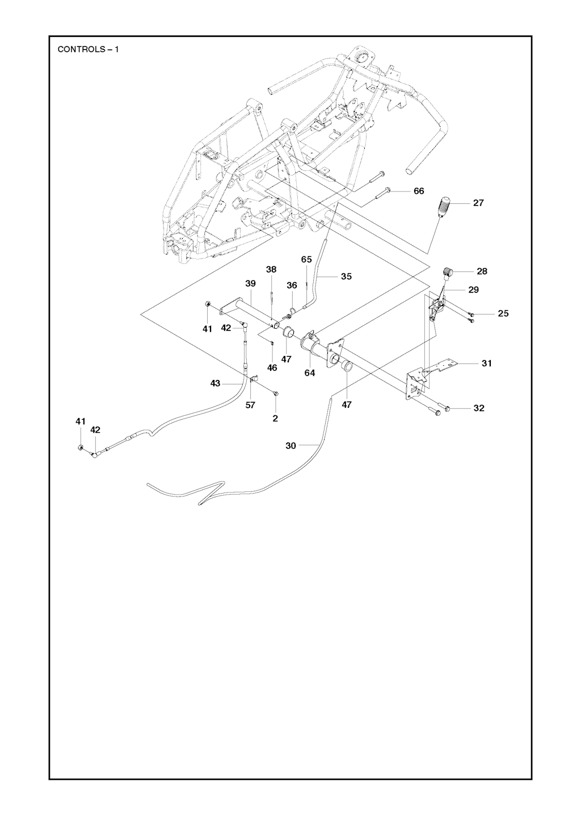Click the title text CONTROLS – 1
[88, 49]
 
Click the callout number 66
[419, 191]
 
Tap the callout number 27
[478, 203]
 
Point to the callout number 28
[482, 271]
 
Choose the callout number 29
[473, 290]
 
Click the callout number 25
[503, 313]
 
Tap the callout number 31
[487, 363]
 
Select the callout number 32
[479, 408]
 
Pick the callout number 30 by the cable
[290, 446]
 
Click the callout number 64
[310, 373]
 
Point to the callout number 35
[346, 277]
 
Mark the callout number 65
[306, 260]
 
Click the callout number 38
[272, 269]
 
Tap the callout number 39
[250, 283]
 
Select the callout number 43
[215, 384]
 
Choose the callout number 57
[250, 405]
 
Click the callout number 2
[275, 419]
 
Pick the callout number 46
[272, 368]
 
